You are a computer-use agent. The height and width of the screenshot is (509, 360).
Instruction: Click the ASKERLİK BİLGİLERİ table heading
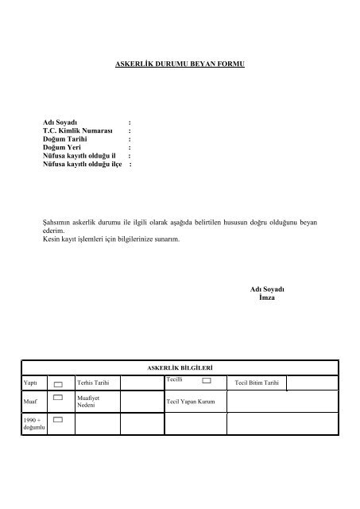coord(179,368)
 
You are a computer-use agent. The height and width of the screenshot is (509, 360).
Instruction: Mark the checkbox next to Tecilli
coord(207,382)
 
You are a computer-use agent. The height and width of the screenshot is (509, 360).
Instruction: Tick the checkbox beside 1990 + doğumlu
coord(58,418)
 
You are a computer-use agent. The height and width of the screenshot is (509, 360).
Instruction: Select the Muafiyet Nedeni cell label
coord(88,399)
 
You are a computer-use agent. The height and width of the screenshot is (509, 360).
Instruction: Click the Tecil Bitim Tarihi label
coord(257,384)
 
